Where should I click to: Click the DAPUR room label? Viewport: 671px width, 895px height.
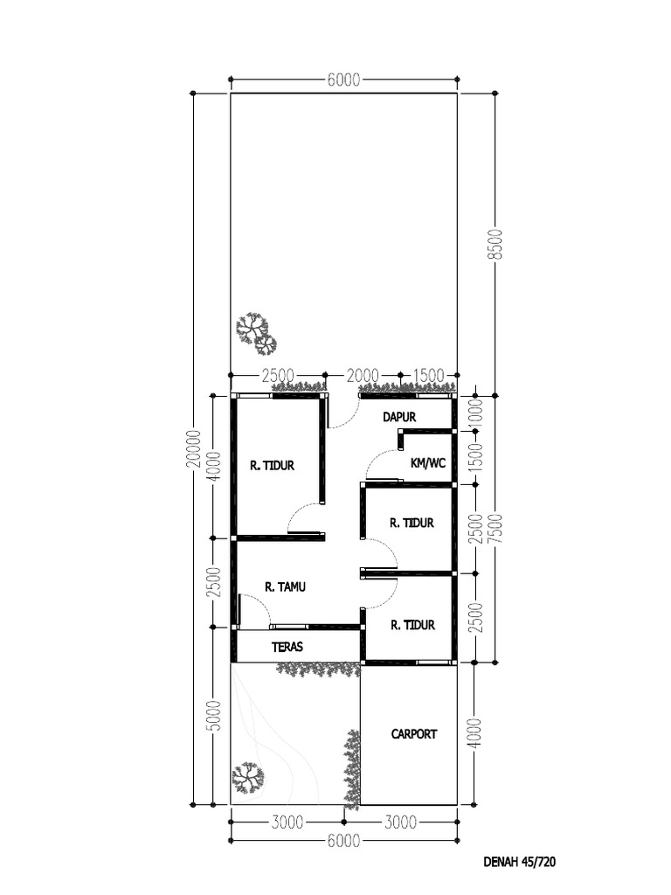tap(398, 418)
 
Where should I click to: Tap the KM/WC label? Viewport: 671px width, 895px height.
tap(427, 463)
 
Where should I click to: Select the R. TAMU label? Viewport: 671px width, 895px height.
tap(285, 587)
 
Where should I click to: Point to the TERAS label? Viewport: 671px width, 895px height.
tap(287, 648)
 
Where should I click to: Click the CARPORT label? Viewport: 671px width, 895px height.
tap(413, 734)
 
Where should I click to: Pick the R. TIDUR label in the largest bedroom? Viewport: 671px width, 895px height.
tap(272, 466)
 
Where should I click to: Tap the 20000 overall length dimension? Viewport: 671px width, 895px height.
tap(194, 448)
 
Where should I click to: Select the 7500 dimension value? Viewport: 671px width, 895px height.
tap(495, 528)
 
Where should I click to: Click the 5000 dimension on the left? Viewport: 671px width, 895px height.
tap(214, 716)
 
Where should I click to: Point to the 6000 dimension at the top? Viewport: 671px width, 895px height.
tap(343, 80)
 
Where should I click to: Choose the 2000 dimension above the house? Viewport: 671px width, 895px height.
tap(363, 376)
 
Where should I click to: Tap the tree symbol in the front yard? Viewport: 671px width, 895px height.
tap(247, 777)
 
